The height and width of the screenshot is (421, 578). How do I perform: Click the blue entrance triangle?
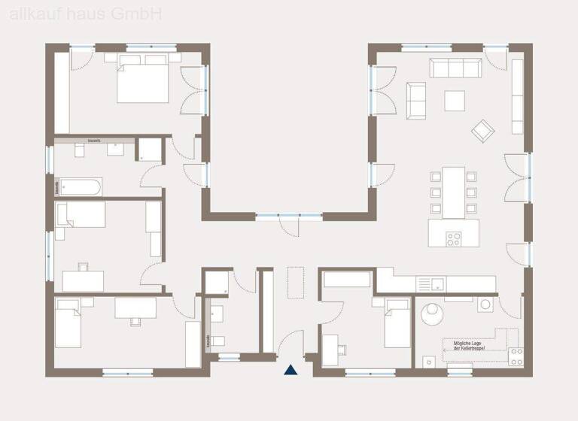tap(290, 369)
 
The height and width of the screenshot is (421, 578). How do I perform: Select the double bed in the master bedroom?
tap(143, 82)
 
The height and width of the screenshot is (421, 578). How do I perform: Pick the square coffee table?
tap(454, 100)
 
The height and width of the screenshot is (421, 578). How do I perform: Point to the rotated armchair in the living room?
tap(482, 130)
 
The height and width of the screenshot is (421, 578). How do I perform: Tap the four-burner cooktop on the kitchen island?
tap(454, 239)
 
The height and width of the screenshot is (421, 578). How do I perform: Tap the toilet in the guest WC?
tap(217, 341)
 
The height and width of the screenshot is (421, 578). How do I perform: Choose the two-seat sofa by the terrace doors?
tap(415, 100)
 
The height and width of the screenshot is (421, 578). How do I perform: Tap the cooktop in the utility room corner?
tap(516, 356)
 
